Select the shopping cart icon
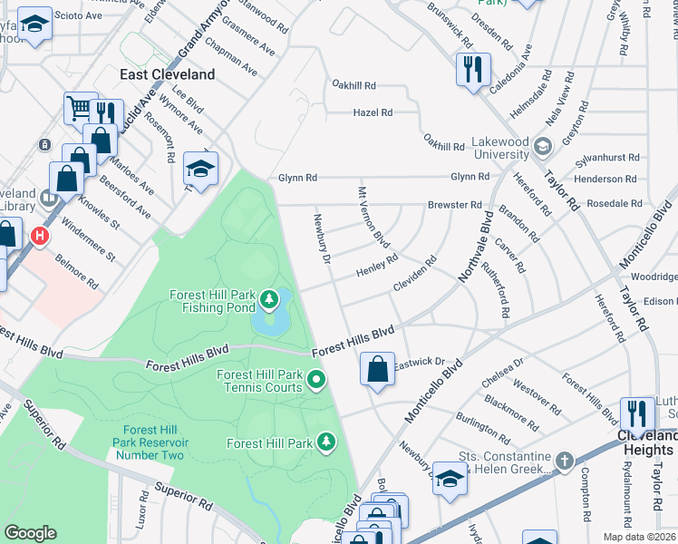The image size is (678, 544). click(80, 108)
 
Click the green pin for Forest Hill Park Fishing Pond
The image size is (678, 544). click(269, 297)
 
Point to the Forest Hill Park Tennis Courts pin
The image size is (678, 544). click(316, 380)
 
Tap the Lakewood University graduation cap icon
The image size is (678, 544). click(542, 146)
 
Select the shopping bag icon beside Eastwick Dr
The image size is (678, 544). click(377, 369)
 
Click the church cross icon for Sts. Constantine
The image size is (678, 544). click(564, 461)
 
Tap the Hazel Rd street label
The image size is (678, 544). click(373, 112)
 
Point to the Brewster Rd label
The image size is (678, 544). click(454, 205)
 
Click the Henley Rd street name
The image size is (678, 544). click(376, 266)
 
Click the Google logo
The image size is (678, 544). click(30, 533)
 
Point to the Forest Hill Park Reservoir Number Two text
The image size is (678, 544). click(149, 442)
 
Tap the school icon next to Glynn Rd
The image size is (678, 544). click(201, 168)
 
